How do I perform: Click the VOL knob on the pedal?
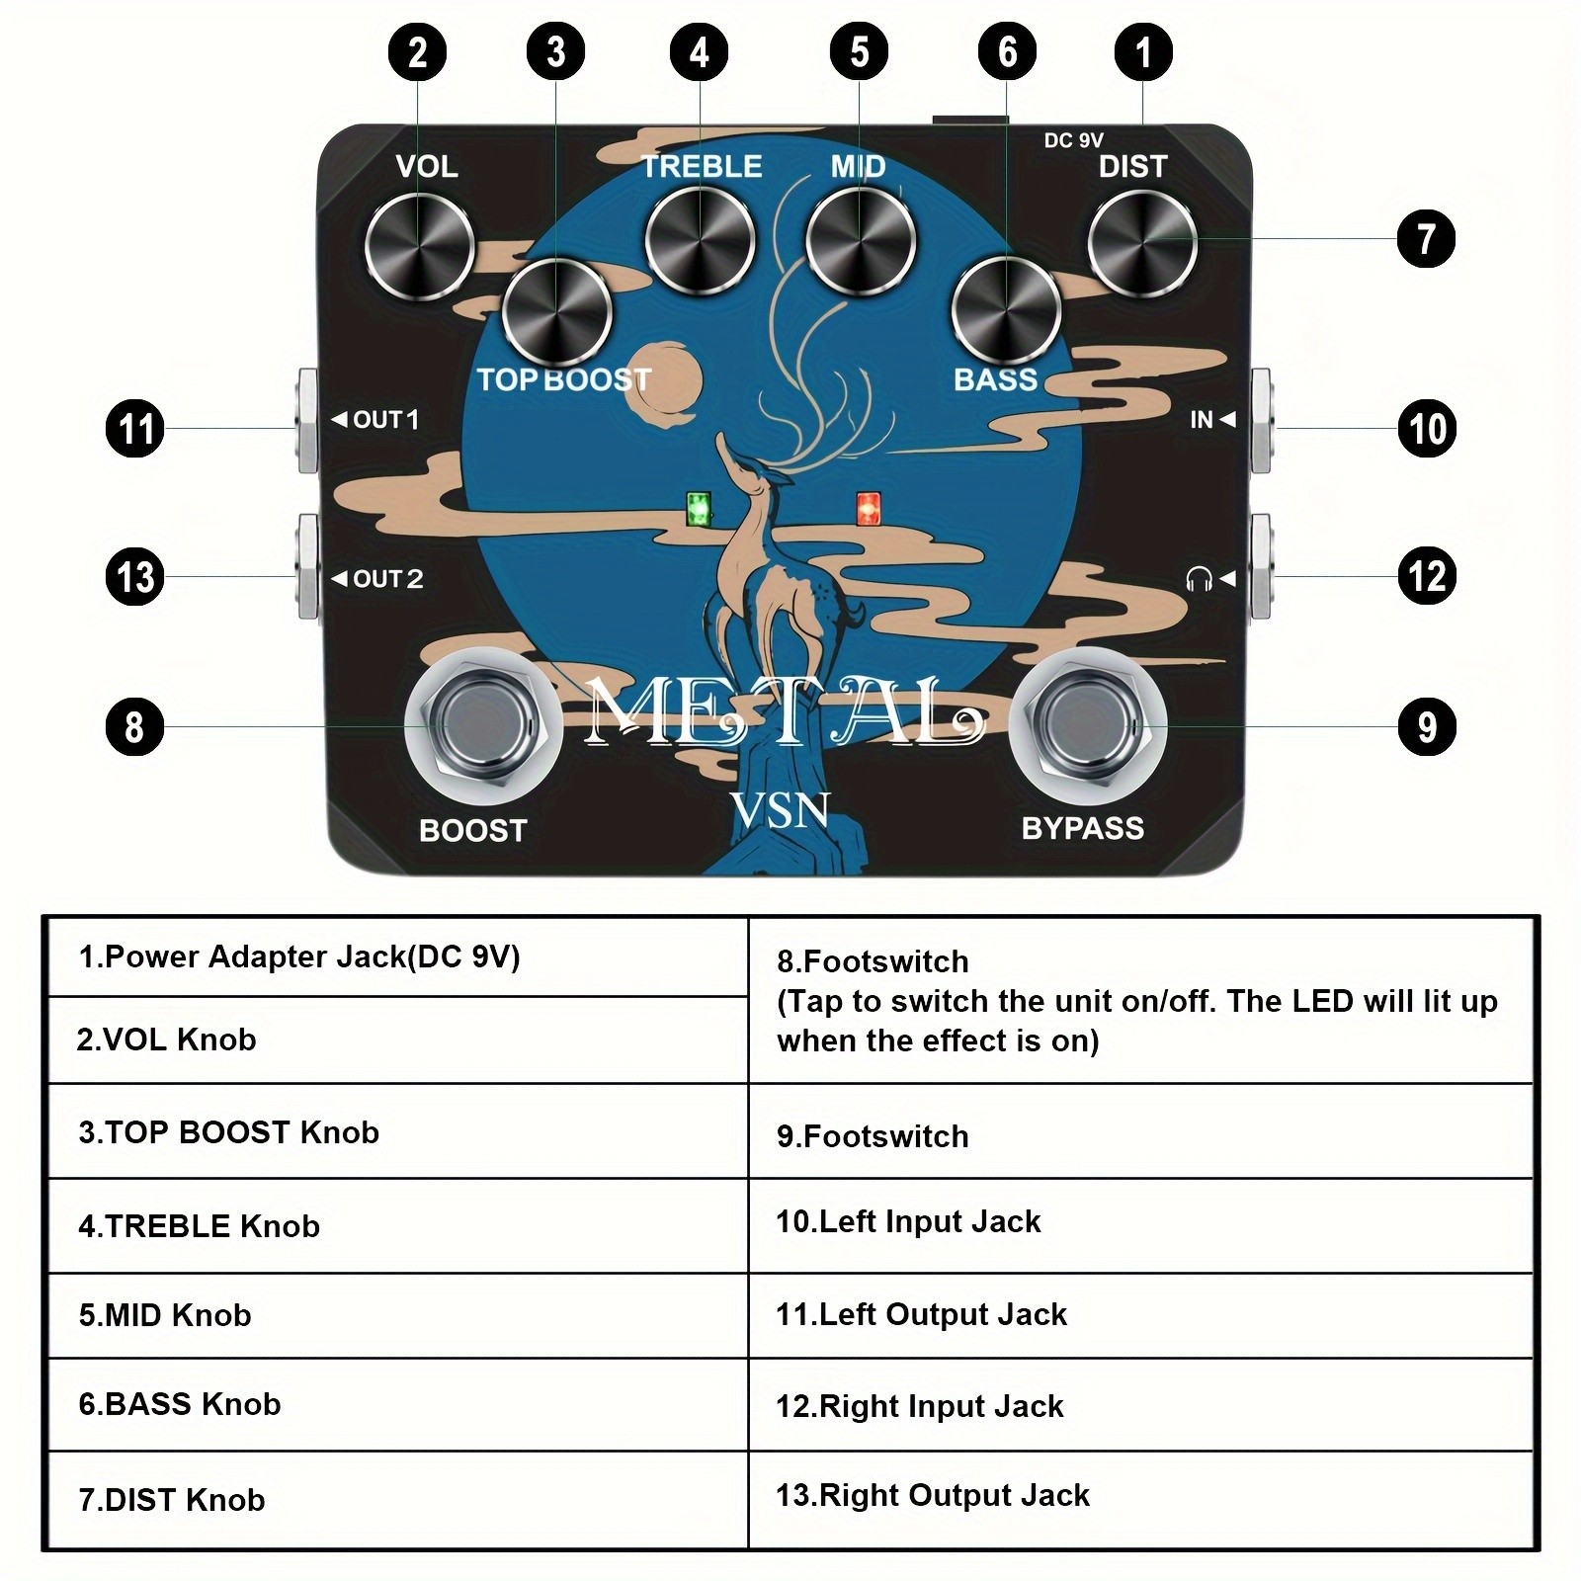pyautogui.click(x=419, y=246)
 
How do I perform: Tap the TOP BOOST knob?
pyautogui.click(x=556, y=313)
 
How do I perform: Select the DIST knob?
pyautogui.click(x=1142, y=244)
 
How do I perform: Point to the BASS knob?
pyautogui.click(x=1006, y=313)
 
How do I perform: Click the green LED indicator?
pyautogui.click(x=699, y=509)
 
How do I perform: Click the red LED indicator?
pyautogui.click(x=870, y=509)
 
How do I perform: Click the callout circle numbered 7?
pyautogui.click(x=1426, y=238)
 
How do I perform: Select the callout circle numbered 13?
pyautogui.click(x=134, y=577)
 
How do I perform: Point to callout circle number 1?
pyautogui.click(x=1143, y=51)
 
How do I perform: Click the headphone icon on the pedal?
pyautogui.click(x=1198, y=579)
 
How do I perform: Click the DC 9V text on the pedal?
pyautogui.click(x=1073, y=141)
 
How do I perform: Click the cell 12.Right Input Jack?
pyautogui.click(x=1141, y=1405)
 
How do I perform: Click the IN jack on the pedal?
pyautogui.click(x=1261, y=421)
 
